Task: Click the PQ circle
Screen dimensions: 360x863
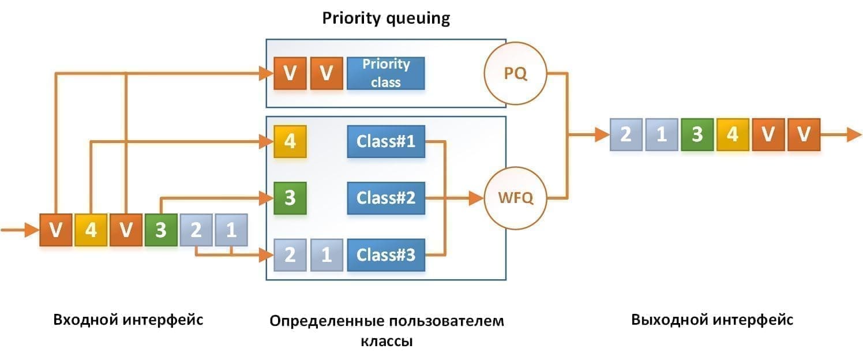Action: coord(515,74)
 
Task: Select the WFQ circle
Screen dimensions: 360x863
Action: coord(515,198)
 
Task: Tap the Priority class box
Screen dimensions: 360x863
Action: coord(385,73)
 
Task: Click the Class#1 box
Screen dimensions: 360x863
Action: coord(385,141)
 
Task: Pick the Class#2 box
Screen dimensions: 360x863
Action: coord(385,198)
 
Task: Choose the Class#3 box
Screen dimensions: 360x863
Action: coord(385,254)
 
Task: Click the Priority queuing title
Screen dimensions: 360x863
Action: coord(385,18)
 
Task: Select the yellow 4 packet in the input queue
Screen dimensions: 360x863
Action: coord(91,230)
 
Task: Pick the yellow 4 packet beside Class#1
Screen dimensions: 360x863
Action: coord(290,141)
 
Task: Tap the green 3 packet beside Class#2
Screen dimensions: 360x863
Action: coord(290,198)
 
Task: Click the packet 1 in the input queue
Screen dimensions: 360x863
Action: coord(231,230)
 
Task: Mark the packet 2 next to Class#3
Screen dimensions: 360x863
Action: coord(290,254)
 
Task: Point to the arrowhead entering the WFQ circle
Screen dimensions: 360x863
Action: coord(476,198)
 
